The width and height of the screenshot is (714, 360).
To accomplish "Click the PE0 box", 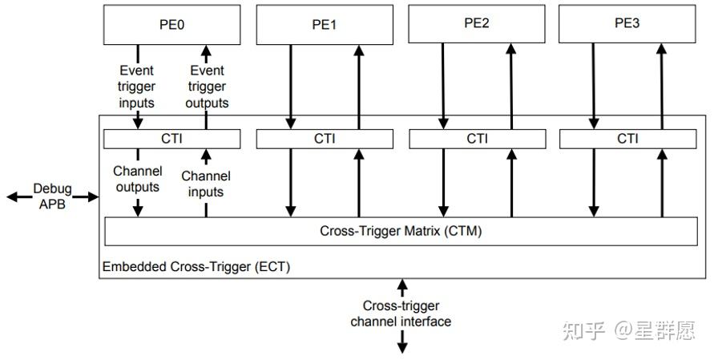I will (171, 24).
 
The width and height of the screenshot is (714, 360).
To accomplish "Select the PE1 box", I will (325, 25).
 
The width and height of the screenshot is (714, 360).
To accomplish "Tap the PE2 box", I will (477, 23).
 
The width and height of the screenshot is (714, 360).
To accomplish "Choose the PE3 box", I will (627, 23).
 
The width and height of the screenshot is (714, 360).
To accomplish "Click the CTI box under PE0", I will (171, 139).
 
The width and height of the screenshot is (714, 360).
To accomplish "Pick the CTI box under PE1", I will (325, 139).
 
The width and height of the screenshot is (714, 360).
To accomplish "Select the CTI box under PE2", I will (477, 139).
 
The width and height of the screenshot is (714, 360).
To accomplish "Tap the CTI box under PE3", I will (627, 139).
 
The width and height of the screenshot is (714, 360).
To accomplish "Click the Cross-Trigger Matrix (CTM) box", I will (401, 231).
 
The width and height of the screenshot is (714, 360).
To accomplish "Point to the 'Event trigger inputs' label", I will (136, 87).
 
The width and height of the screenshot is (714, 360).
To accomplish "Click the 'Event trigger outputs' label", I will (207, 87).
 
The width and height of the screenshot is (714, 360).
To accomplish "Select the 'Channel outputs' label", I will (137, 179).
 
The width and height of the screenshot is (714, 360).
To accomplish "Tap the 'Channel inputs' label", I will (206, 184).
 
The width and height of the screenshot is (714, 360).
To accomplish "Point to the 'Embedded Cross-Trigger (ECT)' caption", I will (196, 266).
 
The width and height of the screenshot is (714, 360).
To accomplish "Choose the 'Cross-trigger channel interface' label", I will (401, 313).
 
